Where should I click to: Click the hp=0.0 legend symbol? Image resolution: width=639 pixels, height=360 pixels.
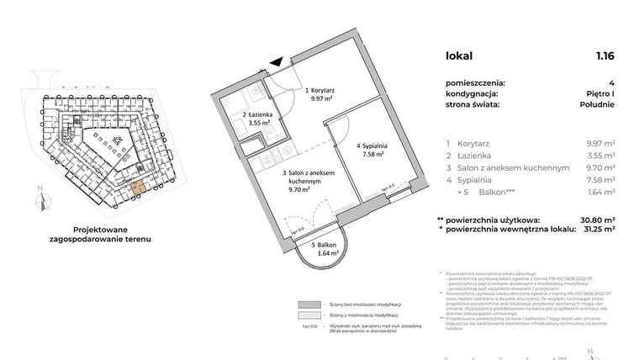[x=308, y=326]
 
